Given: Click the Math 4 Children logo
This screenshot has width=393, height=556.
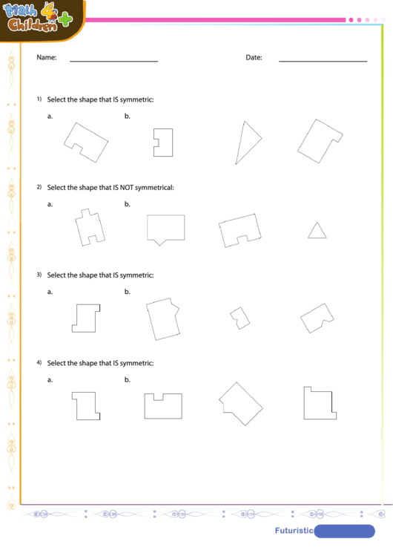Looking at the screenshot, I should pyautogui.click(x=41, y=19).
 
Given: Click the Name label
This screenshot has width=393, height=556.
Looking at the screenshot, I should pyautogui.click(x=47, y=57).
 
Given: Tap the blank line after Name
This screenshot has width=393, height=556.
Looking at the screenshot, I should pyautogui.click(x=113, y=60).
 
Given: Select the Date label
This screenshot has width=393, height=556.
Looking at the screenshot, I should pyautogui.click(x=254, y=57).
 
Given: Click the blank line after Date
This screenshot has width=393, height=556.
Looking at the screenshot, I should pyautogui.click(x=323, y=60).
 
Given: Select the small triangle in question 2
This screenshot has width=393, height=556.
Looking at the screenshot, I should pyautogui.click(x=317, y=231).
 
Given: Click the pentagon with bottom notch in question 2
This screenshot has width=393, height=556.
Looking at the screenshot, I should pyautogui.click(x=165, y=229).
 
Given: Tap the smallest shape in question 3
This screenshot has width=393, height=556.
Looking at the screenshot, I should pyautogui.click(x=239, y=317).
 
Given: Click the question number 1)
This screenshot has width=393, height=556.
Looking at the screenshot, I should pyautogui.click(x=39, y=99).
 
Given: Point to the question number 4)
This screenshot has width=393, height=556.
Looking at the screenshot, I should pyautogui.click(x=39, y=363).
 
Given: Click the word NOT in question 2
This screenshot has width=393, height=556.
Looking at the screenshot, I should pyautogui.click(x=130, y=187).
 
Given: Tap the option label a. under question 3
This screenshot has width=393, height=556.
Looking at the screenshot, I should pyautogui.click(x=50, y=292).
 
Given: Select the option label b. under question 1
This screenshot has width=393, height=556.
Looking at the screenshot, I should pyautogui.click(x=128, y=116).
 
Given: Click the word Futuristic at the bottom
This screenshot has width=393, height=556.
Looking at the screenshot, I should pyautogui.click(x=294, y=531).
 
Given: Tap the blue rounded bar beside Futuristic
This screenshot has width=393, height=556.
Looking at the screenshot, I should pyautogui.click(x=345, y=531).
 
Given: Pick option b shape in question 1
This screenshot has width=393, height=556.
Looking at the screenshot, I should pyautogui.click(x=163, y=142).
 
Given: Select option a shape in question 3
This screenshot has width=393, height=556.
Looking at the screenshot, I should pyautogui.click(x=86, y=317).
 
